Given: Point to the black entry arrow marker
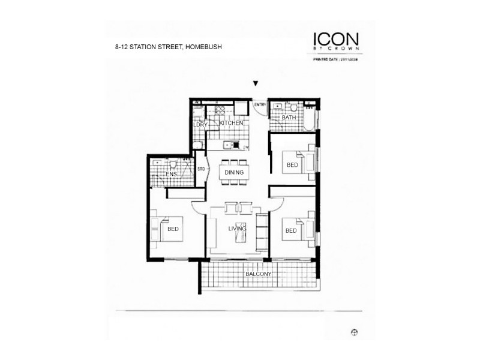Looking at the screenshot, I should (x=256, y=85).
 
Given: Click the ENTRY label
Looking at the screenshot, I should (x=260, y=106).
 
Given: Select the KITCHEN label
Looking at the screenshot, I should (x=231, y=123).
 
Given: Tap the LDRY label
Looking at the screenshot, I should (x=200, y=125).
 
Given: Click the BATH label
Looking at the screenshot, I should (x=289, y=118).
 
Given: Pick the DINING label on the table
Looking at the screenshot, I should (x=234, y=173).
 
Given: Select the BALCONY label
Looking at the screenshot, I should (x=259, y=275).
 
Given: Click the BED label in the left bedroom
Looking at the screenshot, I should (x=173, y=229).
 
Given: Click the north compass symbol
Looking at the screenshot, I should (x=355, y=331).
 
